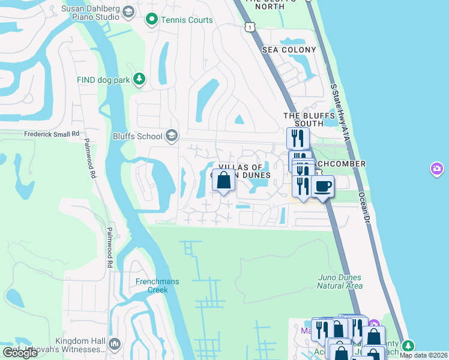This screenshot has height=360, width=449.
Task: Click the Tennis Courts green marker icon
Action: [151, 20]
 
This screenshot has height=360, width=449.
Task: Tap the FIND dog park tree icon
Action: [139, 79]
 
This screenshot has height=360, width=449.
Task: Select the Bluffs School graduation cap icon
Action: [172, 136]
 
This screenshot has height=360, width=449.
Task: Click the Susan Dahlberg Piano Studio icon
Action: [128, 11]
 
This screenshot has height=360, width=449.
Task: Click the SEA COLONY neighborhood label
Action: [289, 50]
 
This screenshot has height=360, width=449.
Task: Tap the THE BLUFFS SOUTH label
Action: [303, 119]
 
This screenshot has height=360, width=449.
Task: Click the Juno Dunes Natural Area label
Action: [339, 281]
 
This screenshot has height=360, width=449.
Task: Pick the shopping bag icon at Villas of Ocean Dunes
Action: [223, 180]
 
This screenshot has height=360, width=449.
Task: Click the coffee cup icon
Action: [322, 187]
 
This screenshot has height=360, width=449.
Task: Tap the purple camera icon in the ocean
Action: [437, 169]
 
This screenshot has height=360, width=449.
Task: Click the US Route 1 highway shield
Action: [249, 27]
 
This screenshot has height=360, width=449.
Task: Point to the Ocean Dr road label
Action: [363, 208]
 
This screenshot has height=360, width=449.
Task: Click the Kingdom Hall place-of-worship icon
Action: [115, 344]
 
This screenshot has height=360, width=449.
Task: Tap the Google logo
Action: [20, 353]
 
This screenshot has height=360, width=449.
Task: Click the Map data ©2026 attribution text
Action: [423, 355]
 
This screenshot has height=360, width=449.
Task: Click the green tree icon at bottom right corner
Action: [408, 346]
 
